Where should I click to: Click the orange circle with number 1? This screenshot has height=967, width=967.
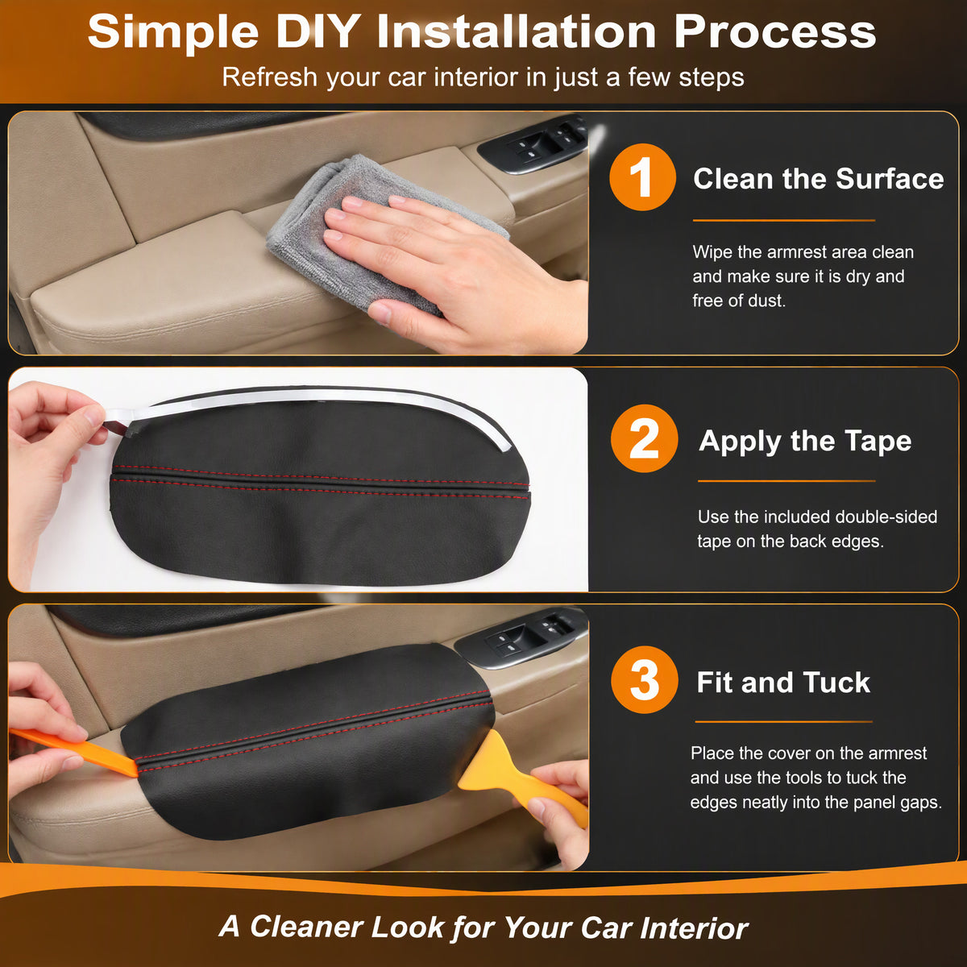coord(642,177)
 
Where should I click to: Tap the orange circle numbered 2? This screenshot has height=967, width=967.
coord(645,438)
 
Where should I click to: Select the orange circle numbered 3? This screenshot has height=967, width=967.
coord(645,680)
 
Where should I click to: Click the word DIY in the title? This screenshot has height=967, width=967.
coord(316,31)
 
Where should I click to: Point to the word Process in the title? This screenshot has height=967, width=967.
coord(774,31)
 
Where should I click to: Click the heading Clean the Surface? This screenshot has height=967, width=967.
coord(819,179)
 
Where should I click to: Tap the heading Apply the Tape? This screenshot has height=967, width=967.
coord(805,441)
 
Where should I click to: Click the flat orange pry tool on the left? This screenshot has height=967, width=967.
coord(73,752)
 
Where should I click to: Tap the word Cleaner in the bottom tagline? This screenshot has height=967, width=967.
coord(306,927)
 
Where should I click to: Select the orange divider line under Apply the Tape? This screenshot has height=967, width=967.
coord(786,481)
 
